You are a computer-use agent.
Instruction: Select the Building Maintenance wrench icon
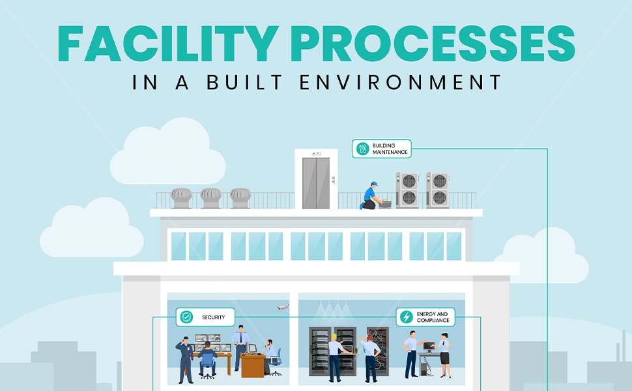362,149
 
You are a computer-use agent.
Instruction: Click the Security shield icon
186,317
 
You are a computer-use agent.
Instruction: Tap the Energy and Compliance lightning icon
407,317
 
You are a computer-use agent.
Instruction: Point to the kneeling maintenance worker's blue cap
373,184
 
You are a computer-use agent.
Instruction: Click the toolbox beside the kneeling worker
384,204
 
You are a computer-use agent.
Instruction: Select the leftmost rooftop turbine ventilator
181,197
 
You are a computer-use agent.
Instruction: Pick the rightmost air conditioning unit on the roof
438,190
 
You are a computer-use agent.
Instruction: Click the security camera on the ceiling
282,306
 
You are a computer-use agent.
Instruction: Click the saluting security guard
185,359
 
